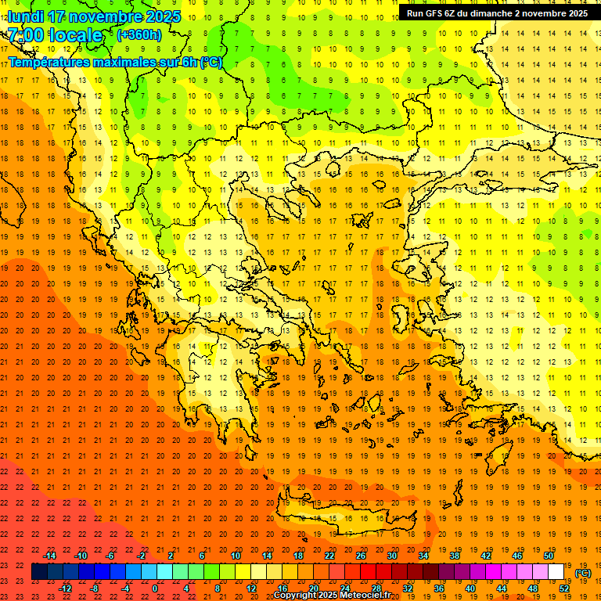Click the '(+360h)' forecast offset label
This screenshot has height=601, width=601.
[x=139, y=35]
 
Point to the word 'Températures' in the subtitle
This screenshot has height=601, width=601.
[x=52, y=62]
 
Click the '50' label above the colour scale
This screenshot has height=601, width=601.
[x=548, y=556]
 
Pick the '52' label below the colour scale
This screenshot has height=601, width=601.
[x=563, y=588]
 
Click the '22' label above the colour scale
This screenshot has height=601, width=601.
[x=329, y=556]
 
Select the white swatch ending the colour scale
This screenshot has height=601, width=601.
[x=556, y=572]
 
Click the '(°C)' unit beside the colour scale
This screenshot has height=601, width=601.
[x=583, y=573]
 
